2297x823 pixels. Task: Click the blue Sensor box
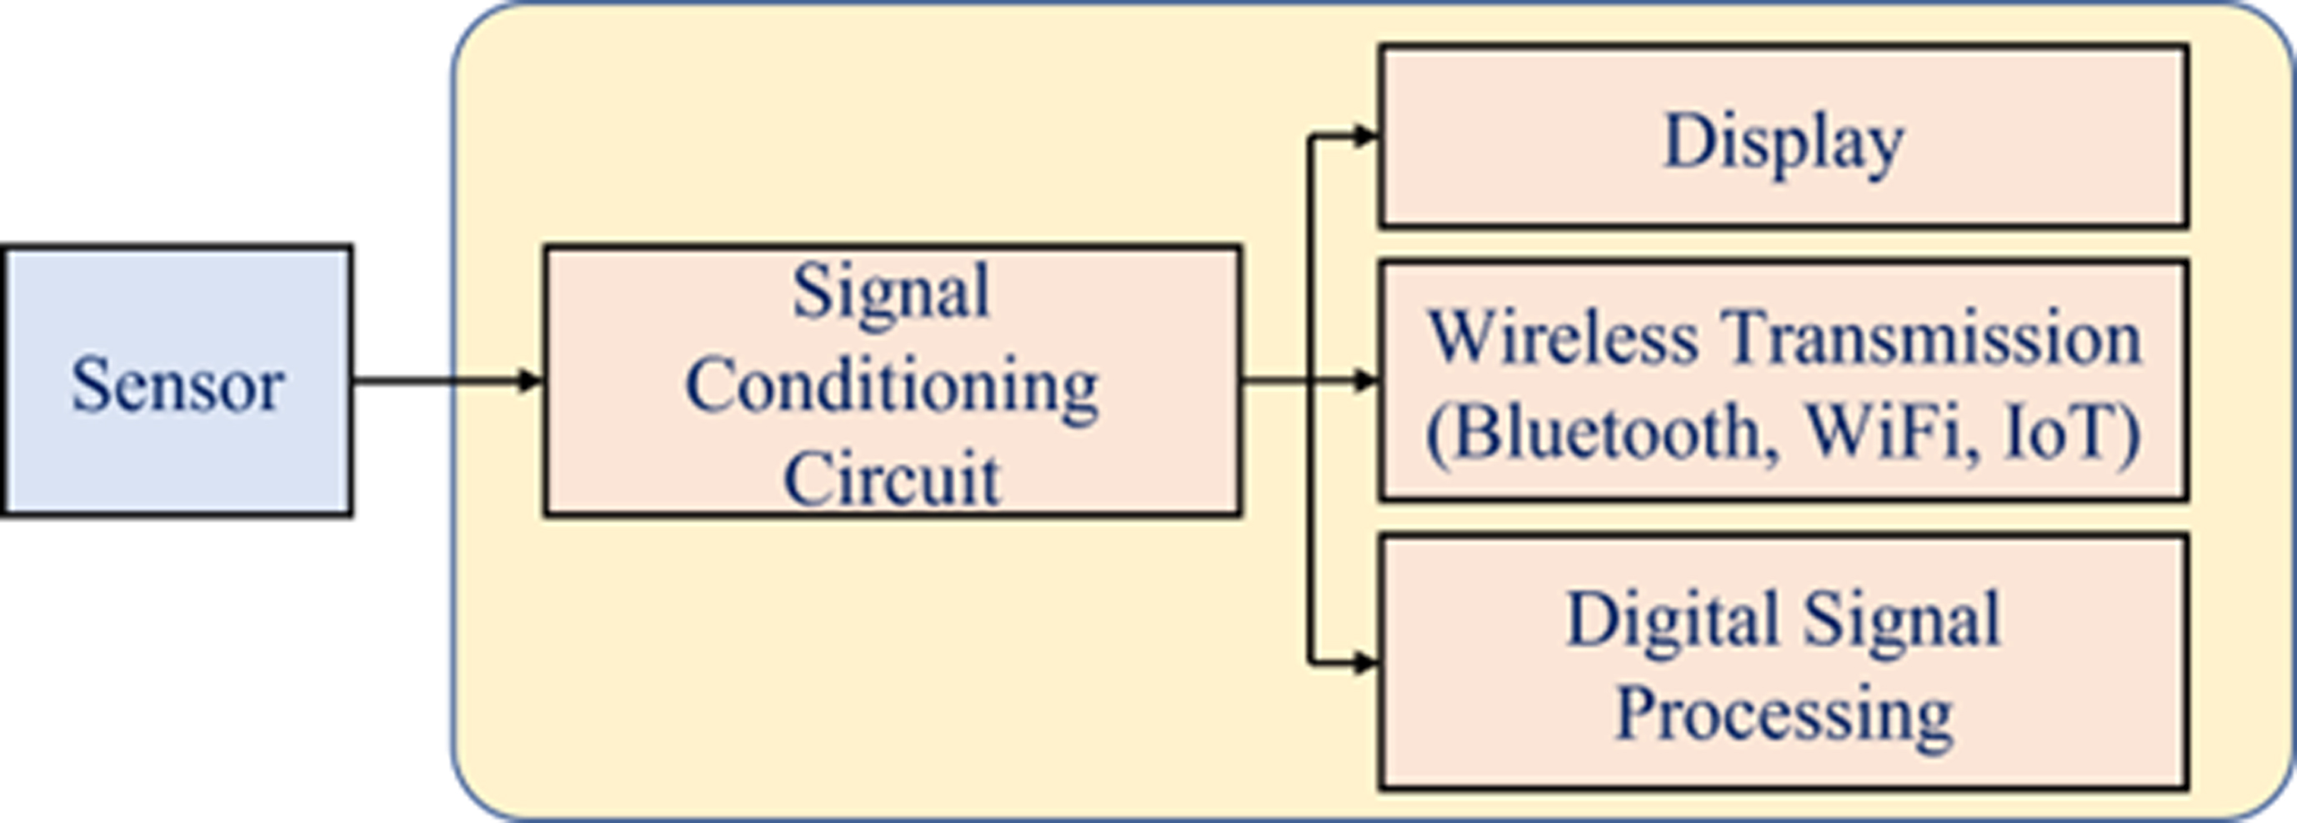[x=177, y=380]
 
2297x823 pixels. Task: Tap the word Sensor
[x=178, y=384]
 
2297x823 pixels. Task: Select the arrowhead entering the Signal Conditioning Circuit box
[x=531, y=381]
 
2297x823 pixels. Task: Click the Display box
[x=1784, y=137]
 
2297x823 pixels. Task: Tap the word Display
[x=1784, y=144]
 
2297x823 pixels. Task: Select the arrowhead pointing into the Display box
[x=1366, y=137]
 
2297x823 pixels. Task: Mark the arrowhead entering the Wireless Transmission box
[x=1366, y=381]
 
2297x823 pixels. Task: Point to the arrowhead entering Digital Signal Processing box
[x=1366, y=664]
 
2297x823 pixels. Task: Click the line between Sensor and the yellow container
[x=403, y=381]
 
